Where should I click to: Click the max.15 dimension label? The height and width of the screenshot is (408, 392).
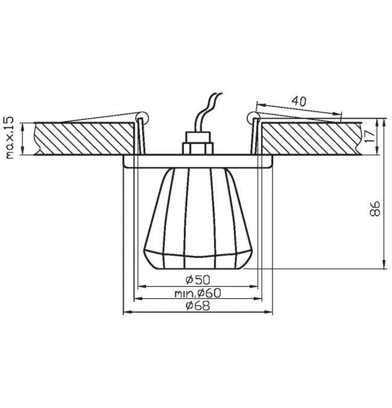click(x=9, y=138)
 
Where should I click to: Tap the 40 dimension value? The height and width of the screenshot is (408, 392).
click(x=299, y=101)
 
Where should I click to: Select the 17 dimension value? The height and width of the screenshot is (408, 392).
click(x=370, y=136)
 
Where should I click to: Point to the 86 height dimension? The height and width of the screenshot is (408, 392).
click(x=375, y=208)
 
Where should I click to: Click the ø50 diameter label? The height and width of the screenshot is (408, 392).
click(x=198, y=280)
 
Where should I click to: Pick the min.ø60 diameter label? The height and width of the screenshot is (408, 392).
click(x=198, y=293)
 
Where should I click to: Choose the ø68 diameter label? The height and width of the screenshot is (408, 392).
click(x=198, y=306)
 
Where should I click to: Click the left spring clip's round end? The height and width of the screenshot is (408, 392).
click(x=143, y=118)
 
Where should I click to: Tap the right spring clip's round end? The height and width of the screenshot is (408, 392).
click(x=254, y=118)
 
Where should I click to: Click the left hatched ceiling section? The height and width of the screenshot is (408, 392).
click(x=84, y=139)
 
